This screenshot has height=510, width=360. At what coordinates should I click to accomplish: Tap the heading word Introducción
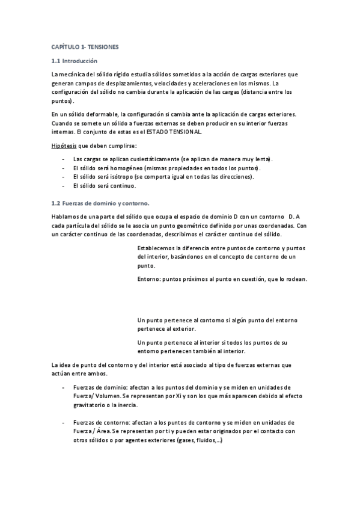[x=81, y=61]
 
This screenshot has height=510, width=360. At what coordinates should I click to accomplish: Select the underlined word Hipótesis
[x=63, y=146]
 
